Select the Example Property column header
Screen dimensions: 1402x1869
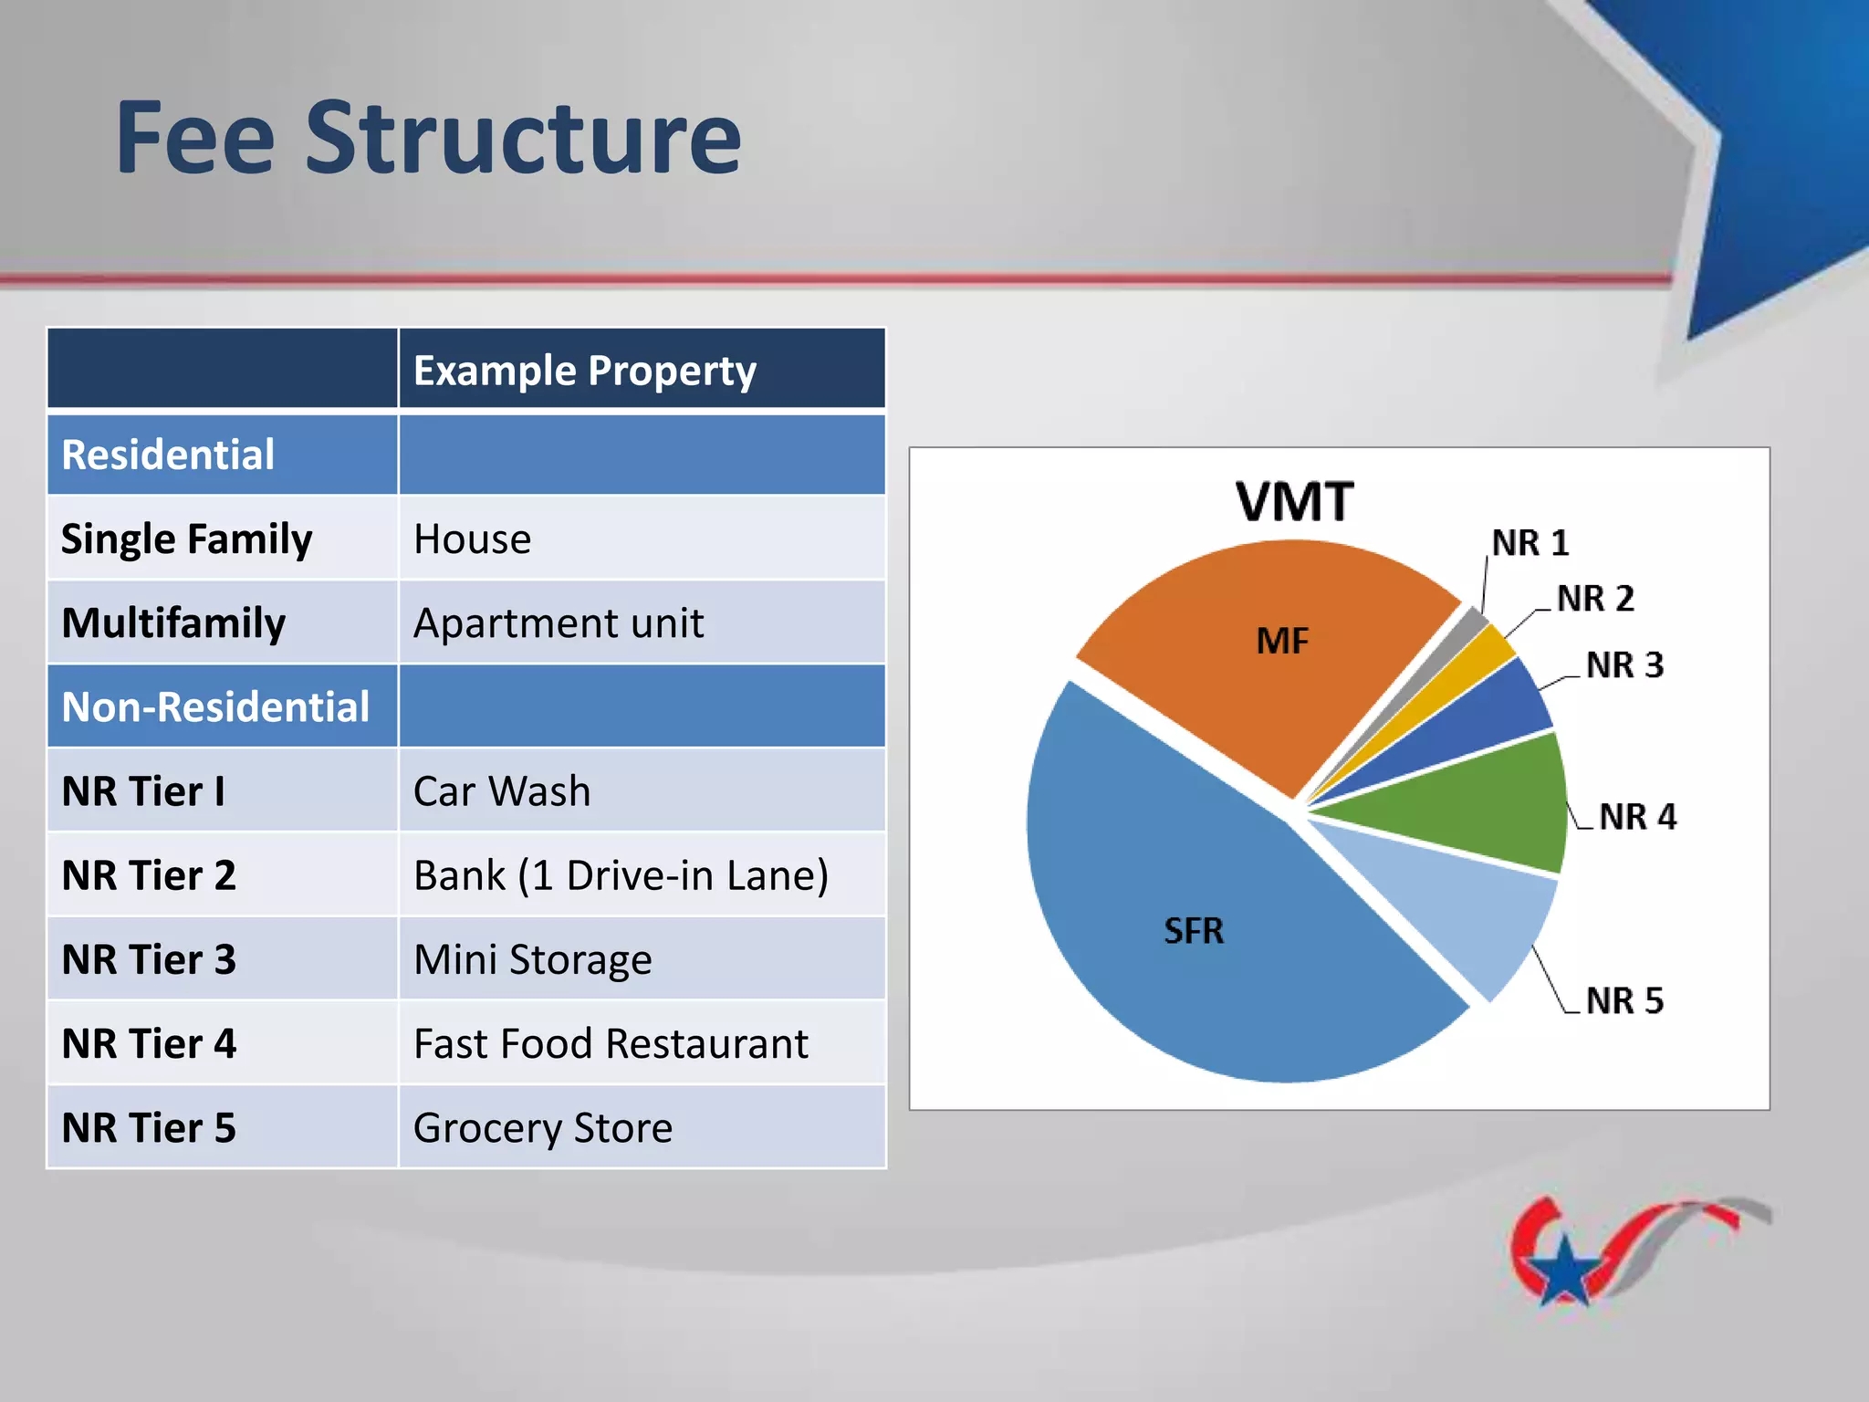point(584,371)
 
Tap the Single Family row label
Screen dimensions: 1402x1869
point(186,539)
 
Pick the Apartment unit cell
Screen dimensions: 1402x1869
point(558,623)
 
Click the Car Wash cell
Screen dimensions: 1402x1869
point(501,791)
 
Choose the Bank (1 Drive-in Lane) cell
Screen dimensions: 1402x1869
point(621,875)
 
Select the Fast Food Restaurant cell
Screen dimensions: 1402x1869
point(610,1044)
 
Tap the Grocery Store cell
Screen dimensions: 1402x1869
point(542,1128)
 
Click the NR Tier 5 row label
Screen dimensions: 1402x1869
point(149,1128)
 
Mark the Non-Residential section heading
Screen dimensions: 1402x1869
point(215,707)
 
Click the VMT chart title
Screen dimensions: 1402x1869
point(1294,502)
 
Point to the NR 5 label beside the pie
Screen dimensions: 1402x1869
point(1624,1001)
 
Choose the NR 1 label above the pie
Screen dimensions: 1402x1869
point(1530,543)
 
